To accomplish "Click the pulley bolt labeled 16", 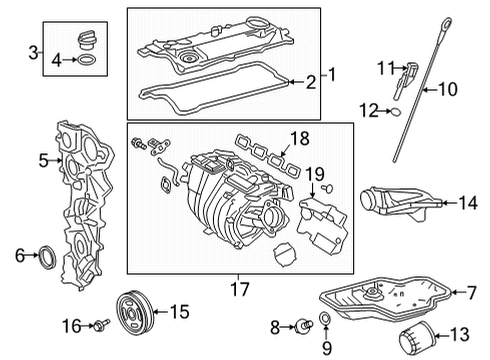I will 102,326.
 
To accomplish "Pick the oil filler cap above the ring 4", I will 89,43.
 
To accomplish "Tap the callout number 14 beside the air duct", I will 468,204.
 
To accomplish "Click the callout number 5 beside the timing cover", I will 43,158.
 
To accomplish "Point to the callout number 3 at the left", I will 33,52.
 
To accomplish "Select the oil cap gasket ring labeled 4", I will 89,61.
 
